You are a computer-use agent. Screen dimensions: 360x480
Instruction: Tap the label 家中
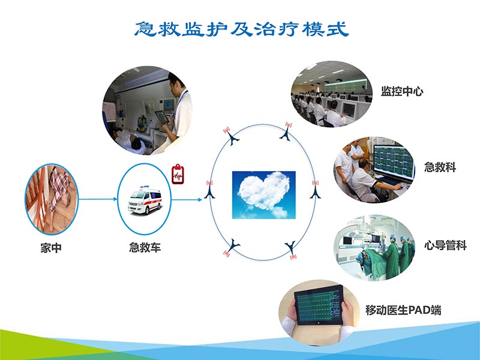52,247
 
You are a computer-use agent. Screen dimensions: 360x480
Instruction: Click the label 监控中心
402,92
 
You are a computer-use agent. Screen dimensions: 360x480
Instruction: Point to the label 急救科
440,167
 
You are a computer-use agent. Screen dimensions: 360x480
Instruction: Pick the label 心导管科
445,245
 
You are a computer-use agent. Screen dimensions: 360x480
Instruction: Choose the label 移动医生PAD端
403,310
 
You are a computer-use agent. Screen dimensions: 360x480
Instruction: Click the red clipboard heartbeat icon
178,174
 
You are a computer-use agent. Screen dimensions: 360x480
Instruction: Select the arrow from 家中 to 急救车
98,199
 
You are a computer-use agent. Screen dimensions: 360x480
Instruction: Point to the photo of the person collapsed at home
52,199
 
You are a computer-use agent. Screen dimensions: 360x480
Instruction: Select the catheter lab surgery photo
375,247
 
